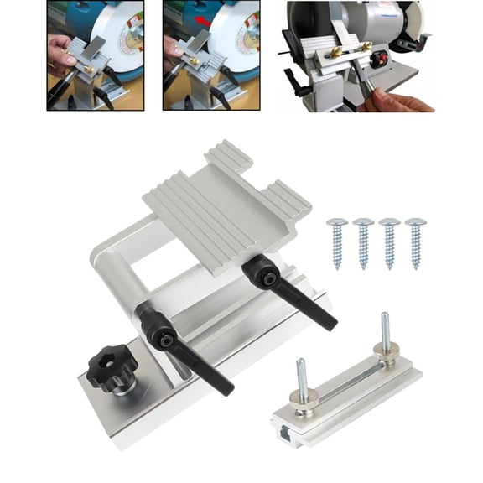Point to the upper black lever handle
[285, 293]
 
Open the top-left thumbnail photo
[95, 55]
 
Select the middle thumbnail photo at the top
[210, 55]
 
